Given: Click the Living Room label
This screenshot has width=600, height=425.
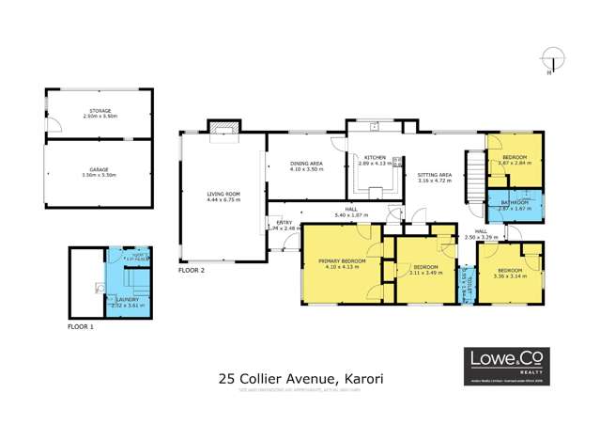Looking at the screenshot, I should coord(223,194).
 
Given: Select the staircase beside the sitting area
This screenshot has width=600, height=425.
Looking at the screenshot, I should coord(475,173).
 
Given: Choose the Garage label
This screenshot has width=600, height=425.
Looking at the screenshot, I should coord(98,171).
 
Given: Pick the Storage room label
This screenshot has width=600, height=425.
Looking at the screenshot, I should coord(99,111).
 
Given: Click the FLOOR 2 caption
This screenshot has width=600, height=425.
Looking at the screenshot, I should coord(191,270).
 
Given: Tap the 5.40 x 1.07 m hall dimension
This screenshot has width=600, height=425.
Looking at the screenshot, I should coord(351,215).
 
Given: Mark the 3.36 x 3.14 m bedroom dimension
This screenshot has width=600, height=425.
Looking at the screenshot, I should coord(512,275).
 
